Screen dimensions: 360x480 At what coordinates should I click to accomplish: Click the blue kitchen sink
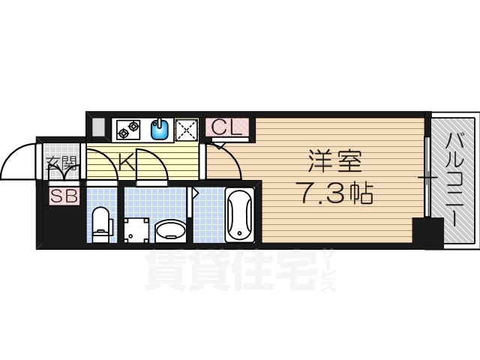coord(159,130)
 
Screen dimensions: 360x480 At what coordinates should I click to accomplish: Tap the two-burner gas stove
coord(128,130)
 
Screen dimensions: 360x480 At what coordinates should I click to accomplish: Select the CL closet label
coord(224,128)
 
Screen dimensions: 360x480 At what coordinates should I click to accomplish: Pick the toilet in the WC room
coord(102,223)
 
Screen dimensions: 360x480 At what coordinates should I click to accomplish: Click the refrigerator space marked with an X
coord(185,130)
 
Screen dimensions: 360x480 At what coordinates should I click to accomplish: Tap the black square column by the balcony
coord(428,232)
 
